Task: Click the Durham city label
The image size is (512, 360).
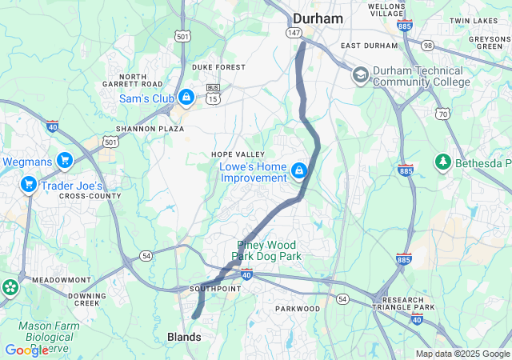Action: coord(318,18)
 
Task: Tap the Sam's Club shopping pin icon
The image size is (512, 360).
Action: coord(186,97)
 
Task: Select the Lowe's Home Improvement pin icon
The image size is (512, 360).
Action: coord(299,171)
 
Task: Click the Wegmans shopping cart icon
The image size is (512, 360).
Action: coord(64,161)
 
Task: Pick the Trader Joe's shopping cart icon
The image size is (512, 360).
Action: coord(29,185)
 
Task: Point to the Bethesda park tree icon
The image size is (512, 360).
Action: coord(442,162)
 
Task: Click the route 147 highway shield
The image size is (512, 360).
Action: coord(294,32)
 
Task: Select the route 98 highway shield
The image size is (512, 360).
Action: coord(428,46)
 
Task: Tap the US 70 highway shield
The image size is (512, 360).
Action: coord(442,114)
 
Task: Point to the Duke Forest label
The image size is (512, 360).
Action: coord(218,67)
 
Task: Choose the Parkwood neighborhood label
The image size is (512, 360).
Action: coord(298,308)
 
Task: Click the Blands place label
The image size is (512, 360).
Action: coord(184,338)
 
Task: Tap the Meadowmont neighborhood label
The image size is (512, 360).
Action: coord(61,280)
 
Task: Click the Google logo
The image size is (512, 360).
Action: coord(26,350)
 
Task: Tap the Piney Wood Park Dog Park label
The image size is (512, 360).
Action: coord(266,250)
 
